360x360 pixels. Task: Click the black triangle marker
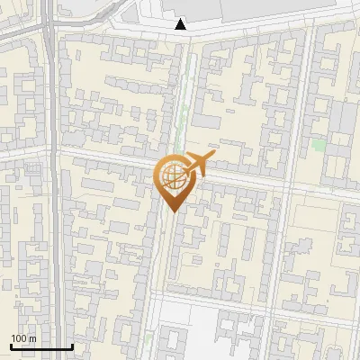(182, 24)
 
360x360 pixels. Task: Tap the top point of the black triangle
(182, 19)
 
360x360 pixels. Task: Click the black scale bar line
(41, 346)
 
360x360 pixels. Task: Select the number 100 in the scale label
(19, 338)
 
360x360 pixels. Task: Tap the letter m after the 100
(31, 338)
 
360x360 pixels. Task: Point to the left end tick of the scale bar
(11, 345)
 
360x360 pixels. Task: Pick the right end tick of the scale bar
(72, 345)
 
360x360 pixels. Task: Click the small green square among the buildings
(319, 144)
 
